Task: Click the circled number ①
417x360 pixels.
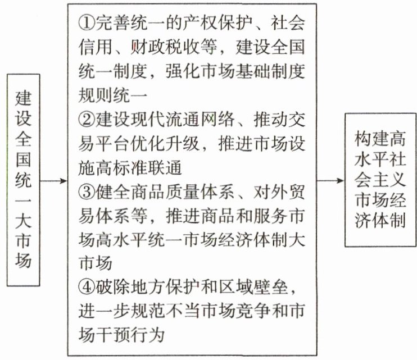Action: (x=88, y=23)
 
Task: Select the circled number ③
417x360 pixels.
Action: (x=88, y=192)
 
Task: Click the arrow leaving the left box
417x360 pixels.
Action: (x=54, y=181)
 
